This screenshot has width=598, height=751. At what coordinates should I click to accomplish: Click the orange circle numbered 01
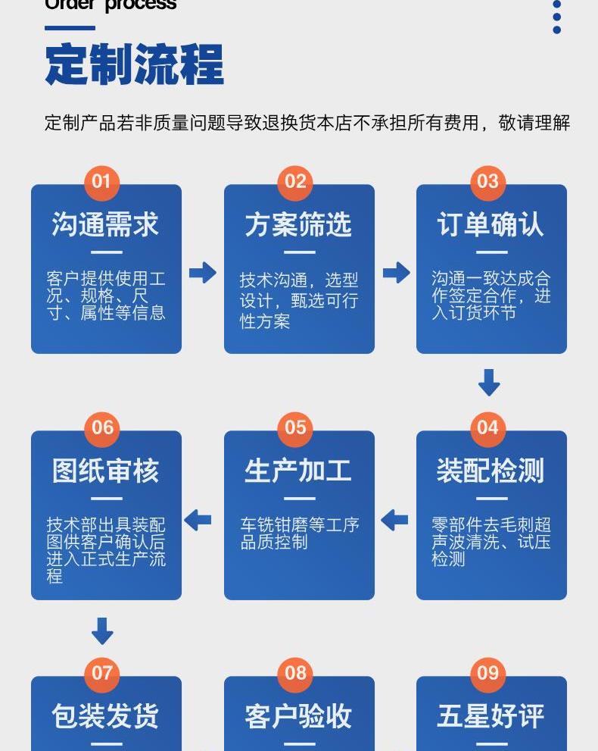pyautogui.click(x=101, y=182)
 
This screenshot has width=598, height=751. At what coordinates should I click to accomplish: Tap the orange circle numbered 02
pyautogui.click(x=295, y=182)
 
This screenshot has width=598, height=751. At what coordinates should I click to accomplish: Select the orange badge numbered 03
pyautogui.click(x=487, y=182)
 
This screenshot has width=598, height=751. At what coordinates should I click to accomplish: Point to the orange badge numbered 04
pyautogui.click(x=487, y=427)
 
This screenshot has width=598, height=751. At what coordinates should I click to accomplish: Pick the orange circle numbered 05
pyautogui.click(x=295, y=427)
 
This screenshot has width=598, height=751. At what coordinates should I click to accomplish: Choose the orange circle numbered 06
pyautogui.click(x=102, y=427)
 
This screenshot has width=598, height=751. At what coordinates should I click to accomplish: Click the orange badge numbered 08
pyautogui.click(x=295, y=673)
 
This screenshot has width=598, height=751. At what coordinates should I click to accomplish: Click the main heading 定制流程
pyautogui.click(x=135, y=65)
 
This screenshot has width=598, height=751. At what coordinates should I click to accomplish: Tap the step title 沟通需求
pyautogui.click(x=105, y=225)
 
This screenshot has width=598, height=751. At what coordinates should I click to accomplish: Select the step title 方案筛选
pyautogui.click(x=298, y=225)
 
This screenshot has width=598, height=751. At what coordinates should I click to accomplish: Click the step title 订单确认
pyautogui.click(x=491, y=225)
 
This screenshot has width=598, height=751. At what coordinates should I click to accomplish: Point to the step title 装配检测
pyautogui.click(x=491, y=471)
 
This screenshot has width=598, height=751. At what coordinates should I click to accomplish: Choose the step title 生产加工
pyautogui.click(x=298, y=471)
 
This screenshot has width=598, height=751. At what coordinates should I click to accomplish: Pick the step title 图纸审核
pyautogui.click(x=105, y=471)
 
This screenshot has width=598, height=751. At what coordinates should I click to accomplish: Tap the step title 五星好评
pyautogui.click(x=491, y=716)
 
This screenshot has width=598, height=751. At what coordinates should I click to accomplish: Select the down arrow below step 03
pyautogui.click(x=489, y=383)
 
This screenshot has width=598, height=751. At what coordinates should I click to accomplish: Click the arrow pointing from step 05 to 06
pyautogui.click(x=198, y=520)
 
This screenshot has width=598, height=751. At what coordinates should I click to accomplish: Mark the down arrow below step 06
pyautogui.click(x=102, y=631)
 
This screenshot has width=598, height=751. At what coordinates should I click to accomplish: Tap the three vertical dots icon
pyautogui.click(x=557, y=17)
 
